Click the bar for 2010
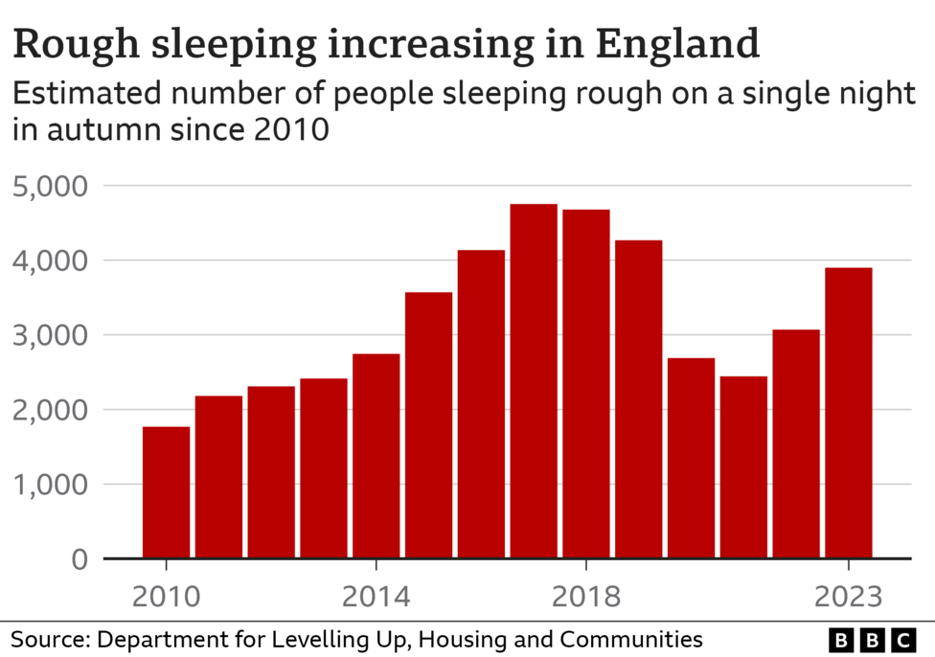(166, 492)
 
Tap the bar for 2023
(849, 413)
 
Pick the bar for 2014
(376, 456)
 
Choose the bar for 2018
(586, 383)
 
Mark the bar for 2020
(691, 458)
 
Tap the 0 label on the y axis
(80, 559)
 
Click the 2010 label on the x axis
(167, 598)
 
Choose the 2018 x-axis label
(586, 598)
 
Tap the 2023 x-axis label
(848, 598)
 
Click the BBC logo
(871, 640)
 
